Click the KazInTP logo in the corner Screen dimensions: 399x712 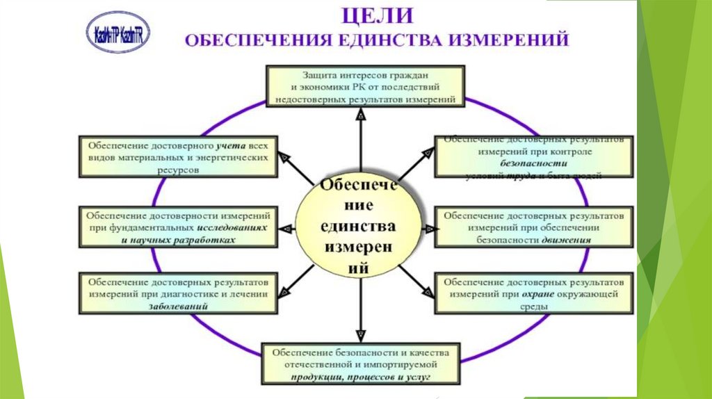(x=118, y=33)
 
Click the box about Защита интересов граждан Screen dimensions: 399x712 (x=364, y=86)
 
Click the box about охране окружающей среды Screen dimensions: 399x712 (x=534, y=295)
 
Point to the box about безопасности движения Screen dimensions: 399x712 (x=534, y=227)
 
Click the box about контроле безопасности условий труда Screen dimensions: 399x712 (x=534, y=156)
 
